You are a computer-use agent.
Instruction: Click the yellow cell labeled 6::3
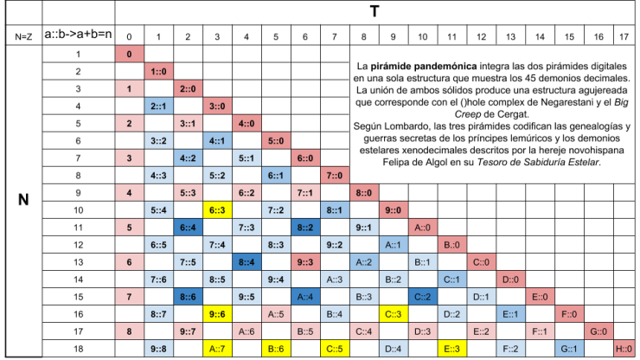(217, 209)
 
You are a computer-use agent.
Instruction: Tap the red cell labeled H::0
(623, 348)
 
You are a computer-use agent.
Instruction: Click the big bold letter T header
(375, 11)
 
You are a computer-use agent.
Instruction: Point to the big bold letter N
(23, 199)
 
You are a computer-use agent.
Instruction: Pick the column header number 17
(623, 36)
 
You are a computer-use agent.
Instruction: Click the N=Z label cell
(23, 36)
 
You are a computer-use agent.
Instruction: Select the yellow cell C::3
(393, 313)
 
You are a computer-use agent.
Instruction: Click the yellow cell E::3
(451, 348)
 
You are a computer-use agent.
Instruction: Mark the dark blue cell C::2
(422, 296)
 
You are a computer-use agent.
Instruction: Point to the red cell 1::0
(158, 71)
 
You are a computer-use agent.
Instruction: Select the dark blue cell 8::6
(188, 296)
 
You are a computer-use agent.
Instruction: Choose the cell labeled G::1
(568, 348)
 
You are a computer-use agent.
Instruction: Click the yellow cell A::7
(217, 348)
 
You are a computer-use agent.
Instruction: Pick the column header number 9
(393, 36)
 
